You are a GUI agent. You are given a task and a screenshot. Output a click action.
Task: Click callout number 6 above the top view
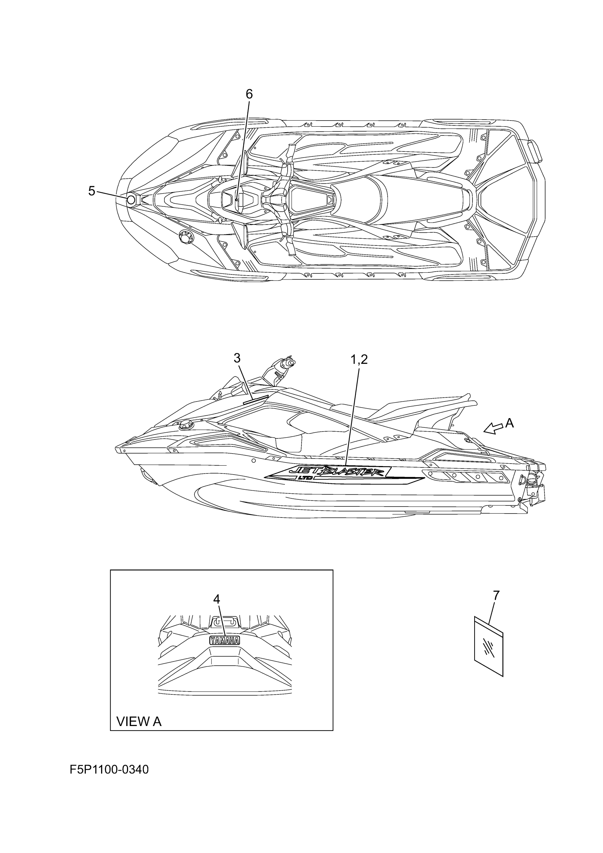(249, 94)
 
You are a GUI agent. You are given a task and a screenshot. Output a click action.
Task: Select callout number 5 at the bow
(92, 191)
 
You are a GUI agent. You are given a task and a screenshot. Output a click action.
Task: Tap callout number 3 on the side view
(237, 358)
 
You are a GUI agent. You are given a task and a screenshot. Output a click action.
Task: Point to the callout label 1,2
(359, 359)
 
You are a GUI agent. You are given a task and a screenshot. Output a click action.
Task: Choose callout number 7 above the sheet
(496, 595)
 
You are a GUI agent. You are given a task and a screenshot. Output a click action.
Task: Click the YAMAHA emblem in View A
(225, 640)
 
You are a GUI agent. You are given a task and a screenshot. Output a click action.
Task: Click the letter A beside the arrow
(509, 423)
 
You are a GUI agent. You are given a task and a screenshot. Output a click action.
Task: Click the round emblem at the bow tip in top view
(131, 201)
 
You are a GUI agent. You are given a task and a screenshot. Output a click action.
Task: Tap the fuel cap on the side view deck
(185, 425)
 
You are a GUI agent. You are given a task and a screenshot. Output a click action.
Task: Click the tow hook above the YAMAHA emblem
(224, 621)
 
